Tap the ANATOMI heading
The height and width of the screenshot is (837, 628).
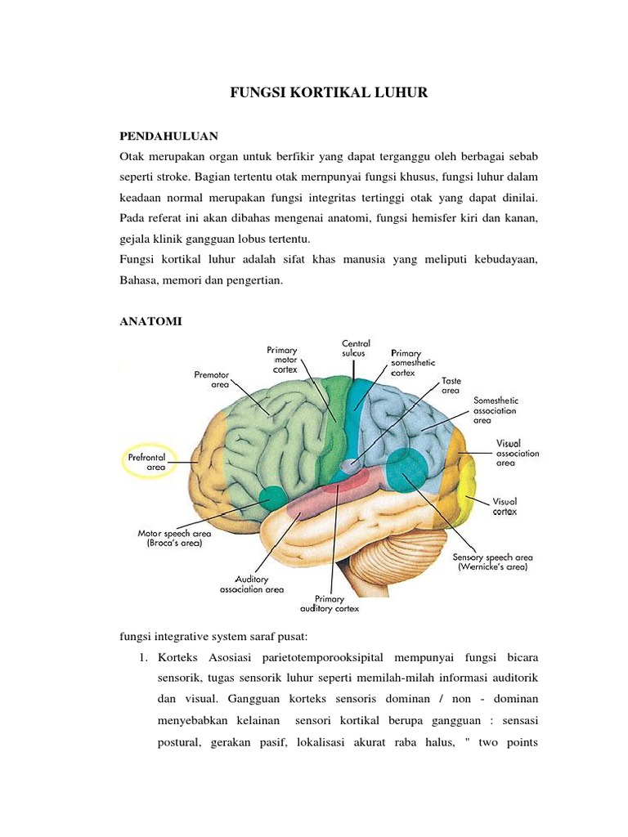point(150,322)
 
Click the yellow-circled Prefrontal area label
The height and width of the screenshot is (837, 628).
point(146,462)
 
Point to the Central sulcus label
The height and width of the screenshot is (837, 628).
point(356,348)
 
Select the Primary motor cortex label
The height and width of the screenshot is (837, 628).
point(282,360)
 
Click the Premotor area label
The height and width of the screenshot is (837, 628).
point(212,379)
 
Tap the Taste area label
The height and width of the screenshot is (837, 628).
point(451,386)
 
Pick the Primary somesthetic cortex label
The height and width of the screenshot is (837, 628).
point(413,363)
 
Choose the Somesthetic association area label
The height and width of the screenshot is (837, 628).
point(496,411)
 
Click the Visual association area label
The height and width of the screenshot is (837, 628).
point(517,453)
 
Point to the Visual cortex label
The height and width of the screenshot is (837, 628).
point(504,506)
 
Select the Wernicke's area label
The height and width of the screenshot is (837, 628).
point(493,562)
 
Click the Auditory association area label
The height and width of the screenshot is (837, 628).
point(252,584)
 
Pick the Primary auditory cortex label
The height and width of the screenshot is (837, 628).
point(330,603)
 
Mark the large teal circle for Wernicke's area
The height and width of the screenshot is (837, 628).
point(406,468)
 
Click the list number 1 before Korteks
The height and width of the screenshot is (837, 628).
point(145,658)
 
